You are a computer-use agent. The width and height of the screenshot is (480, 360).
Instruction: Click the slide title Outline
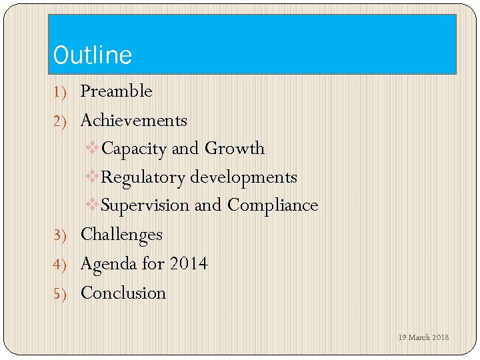[x=93, y=55]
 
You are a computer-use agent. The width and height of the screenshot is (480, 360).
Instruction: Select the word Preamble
[x=116, y=91]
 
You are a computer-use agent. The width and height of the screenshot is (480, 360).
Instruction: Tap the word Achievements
[x=133, y=121]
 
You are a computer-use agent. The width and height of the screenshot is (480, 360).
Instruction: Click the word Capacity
[x=134, y=149]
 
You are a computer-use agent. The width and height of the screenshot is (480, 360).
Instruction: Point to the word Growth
[x=235, y=148]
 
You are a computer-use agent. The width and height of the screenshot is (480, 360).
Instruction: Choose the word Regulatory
[x=143, y=177]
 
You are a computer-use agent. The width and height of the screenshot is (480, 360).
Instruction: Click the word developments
[x=244, y=177]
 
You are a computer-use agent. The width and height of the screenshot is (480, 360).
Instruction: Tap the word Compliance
[x=273, y=205]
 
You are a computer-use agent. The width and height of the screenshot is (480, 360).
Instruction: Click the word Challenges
[x=121, y=235]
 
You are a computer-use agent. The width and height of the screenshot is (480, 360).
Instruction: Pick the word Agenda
[x=108, y=264]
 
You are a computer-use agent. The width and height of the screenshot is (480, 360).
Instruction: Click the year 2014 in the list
[x=189, y=264]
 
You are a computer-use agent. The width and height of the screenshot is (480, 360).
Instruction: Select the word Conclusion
[x=123, y=293]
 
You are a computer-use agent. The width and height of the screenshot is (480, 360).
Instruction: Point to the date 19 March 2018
[x=423, y=337]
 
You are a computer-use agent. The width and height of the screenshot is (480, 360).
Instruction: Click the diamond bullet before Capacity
[x=93, y=148]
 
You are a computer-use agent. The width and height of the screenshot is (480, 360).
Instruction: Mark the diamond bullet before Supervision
[x=93, y=205]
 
